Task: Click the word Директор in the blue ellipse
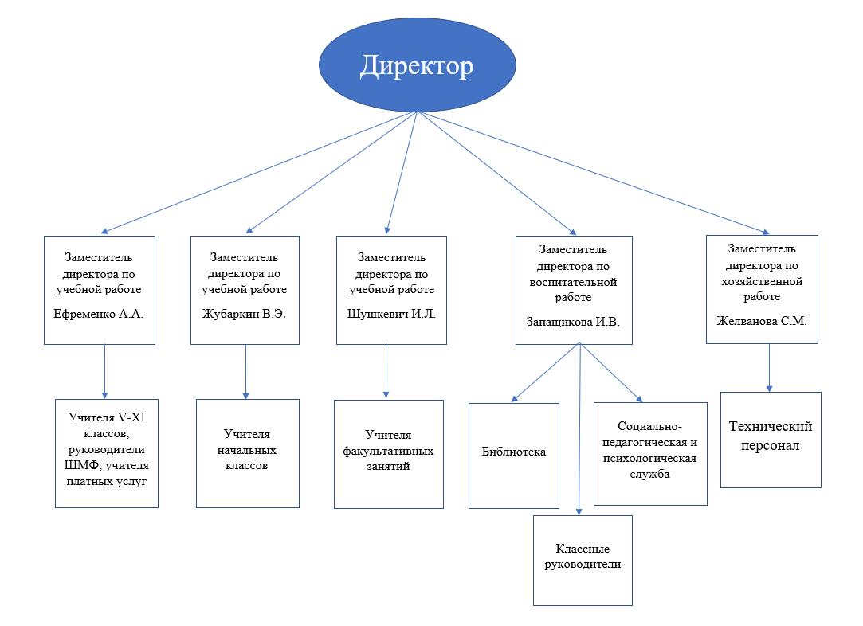coord(416,66)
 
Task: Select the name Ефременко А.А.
coord(99,314)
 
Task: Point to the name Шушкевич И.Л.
coord(391,314)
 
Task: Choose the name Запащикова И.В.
coord(573,323)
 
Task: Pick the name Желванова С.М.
coord(762,322)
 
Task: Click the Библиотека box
coord(514,452)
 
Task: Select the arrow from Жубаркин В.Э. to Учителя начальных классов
coord(245,370)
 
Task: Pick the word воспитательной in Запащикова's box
coord(573,282)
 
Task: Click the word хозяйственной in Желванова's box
coord(762,281)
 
